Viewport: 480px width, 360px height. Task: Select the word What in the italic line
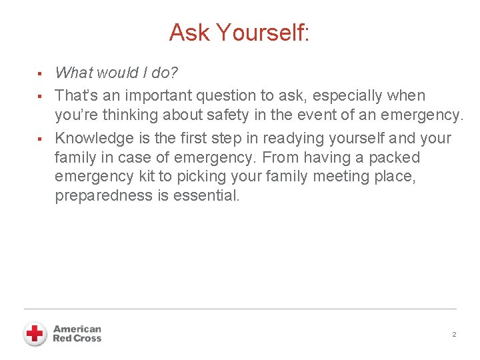[75, 73]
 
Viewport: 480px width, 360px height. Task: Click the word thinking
[125, 115]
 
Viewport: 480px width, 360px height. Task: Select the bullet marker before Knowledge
[40, 139]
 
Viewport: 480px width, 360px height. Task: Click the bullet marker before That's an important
[40, 96]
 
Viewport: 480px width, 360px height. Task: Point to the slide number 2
[454, 335]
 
